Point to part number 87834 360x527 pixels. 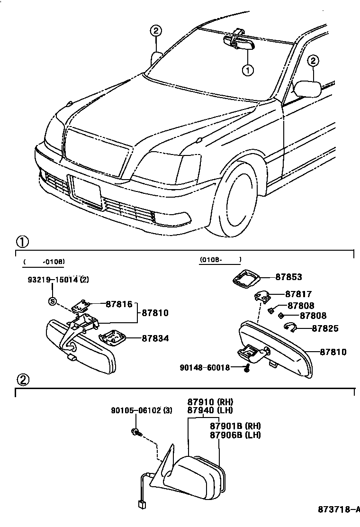tap(155, 338)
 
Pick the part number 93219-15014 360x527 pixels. tap(52, 280)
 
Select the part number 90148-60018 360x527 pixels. tap(205, 367)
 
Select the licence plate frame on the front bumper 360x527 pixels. tap(86, 192)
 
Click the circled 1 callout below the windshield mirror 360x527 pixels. tap(248, 71)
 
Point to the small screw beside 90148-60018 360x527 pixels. tap(246, 368)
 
